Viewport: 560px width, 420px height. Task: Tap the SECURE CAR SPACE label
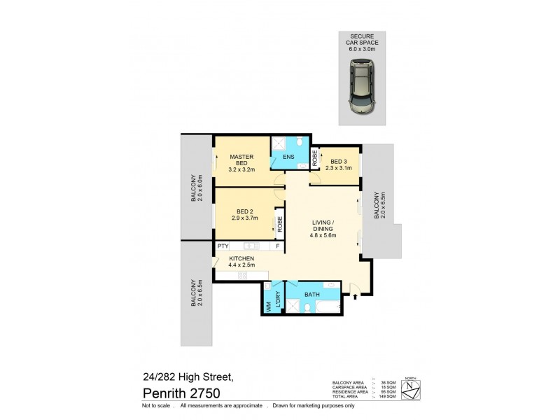361,43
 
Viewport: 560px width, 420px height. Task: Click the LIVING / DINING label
323,229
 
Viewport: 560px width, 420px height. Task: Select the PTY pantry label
223,246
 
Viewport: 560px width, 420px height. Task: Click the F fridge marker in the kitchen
277,246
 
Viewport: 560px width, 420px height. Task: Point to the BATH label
311,295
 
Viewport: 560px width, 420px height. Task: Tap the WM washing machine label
267,306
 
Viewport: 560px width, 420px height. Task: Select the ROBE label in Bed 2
279,224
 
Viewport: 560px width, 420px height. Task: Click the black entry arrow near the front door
355,297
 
